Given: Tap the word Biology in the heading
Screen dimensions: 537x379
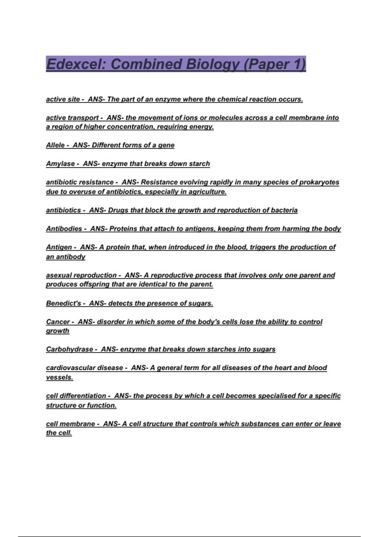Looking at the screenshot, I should click(x=213, y=64).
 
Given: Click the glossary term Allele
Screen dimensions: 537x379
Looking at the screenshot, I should click(x=55, y=145).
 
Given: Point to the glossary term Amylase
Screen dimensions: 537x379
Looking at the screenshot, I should click(x=60, y=164).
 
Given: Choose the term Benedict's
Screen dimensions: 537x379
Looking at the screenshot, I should click(x=63, y=303).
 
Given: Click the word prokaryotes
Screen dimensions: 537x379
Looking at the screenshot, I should click(x=319, y=182).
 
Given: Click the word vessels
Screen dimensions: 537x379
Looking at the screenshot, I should click(x=59, y=377).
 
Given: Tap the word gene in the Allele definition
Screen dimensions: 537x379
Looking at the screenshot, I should click(x=166, y=145).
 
